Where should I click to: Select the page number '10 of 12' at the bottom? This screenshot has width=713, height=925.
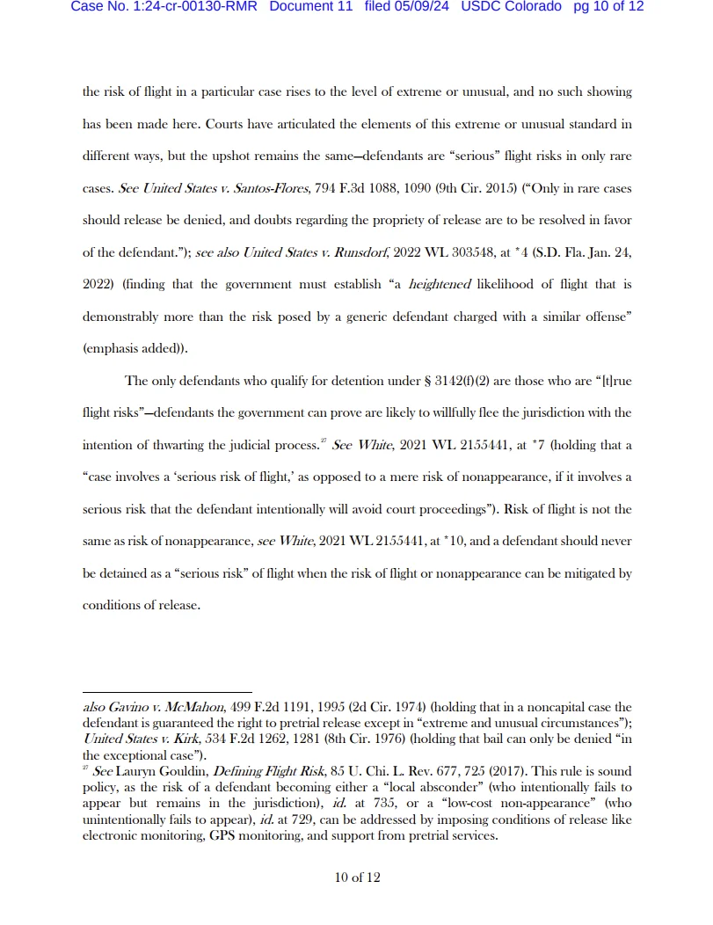point(357,877)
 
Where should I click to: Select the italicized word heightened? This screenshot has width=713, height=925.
point(440,284)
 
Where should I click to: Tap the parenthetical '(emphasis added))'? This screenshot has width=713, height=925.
point(134,348)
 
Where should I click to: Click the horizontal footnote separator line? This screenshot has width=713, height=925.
point(167,692)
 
